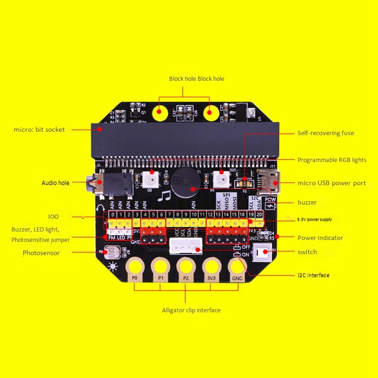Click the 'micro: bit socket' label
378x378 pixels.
[40, 129]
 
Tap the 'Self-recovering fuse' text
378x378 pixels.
[326, 133]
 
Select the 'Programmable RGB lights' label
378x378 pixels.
[332, 160]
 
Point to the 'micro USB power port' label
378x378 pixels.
[331, 183]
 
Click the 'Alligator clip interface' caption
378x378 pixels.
[191, 310]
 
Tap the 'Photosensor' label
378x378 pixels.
[41, 253]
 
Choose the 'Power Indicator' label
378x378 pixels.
[320, 238]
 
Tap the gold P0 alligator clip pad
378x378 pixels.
[135, 268]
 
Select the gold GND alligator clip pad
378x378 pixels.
[238, 268]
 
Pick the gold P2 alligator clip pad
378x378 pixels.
[186, 268]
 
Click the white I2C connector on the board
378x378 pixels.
[186, 247]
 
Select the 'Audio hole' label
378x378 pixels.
[55, 183]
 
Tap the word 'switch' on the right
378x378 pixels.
[307, 252]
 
